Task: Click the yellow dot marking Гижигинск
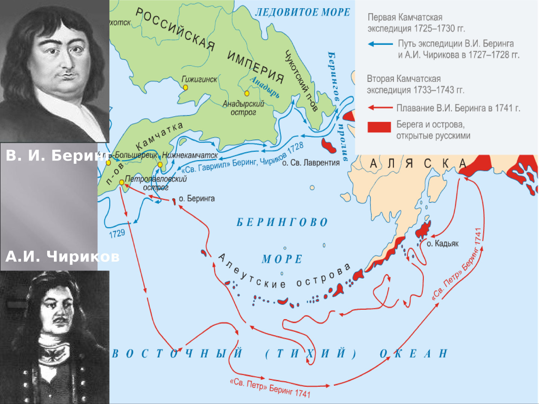185,88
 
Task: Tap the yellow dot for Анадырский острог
247,93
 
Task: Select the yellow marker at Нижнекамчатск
160,165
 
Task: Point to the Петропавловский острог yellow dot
122,182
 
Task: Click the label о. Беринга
197,199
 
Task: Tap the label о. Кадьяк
442,244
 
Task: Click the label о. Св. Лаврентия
311,163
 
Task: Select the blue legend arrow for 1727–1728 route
380,44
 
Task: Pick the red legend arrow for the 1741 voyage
380,108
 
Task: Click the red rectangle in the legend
379,127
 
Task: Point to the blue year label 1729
117,234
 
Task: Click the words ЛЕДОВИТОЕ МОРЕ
302,12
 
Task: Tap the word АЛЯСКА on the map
418,163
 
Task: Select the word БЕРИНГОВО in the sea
282,222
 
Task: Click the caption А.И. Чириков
62,257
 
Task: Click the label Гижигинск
199,79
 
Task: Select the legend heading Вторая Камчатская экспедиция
415,85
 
